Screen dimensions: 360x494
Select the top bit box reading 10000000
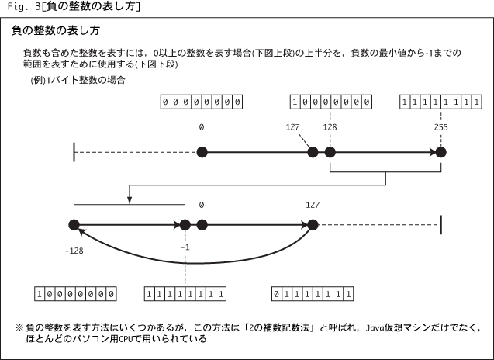(x=330, y=101)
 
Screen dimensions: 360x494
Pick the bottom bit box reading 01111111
(x=313, y=294)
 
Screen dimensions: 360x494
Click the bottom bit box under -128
(x=76, y=294)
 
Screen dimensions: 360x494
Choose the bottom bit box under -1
(x=186, y=294)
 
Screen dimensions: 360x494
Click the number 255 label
(x=440, y=126)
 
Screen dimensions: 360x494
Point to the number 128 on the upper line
(x=330, y=126)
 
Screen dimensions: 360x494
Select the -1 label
(x=185, y=247)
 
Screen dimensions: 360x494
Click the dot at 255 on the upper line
(x=440, y=152)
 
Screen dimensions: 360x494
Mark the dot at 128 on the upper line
(x=330, y=152)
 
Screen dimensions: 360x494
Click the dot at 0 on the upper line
(x=202, y=152)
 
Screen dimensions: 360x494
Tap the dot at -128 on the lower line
(x=74, y=225)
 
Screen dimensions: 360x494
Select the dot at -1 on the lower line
(x=185, y=225)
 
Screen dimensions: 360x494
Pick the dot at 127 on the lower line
(x=313, y=225)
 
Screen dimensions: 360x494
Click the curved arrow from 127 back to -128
(x=194, y=261)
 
